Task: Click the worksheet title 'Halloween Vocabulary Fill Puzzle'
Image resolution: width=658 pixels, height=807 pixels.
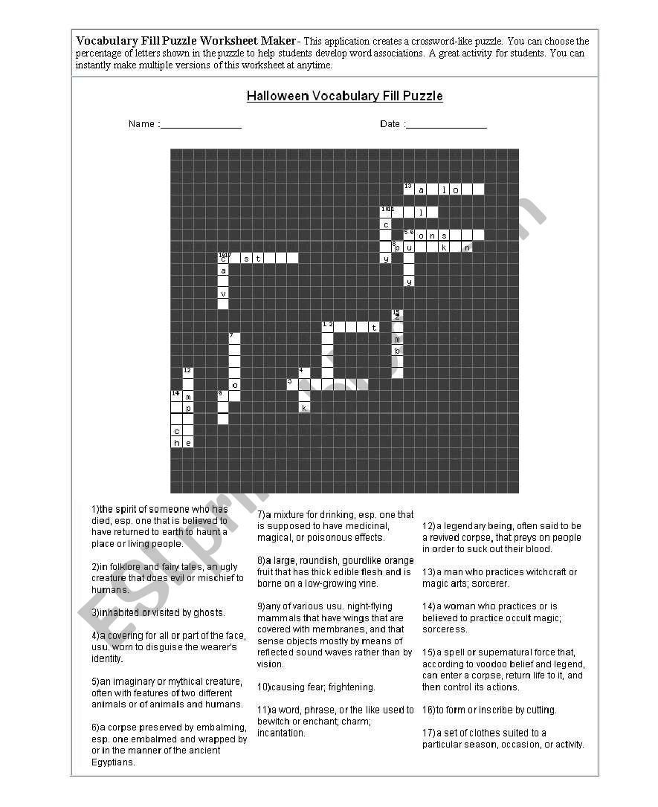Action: pos(344,97)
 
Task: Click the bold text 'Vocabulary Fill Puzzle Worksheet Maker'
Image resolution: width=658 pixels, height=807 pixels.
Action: pos(186,41)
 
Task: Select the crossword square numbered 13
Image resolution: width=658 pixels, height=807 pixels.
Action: pos(408,189)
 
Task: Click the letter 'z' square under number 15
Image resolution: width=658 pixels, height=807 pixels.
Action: pos(397,316)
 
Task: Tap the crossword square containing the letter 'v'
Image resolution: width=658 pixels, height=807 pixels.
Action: pos(223,293)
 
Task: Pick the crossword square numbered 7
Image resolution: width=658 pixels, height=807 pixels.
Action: pos(234,339)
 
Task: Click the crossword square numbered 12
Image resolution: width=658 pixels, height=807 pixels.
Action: pos(188,373)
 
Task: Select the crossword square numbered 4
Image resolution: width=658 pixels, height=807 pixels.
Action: pos(303,373)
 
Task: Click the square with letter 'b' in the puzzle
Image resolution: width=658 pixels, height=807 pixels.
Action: pos(397,351)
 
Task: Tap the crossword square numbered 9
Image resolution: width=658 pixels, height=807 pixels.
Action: pos(223,396)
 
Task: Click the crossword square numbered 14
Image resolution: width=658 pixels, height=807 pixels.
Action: pos(176,396)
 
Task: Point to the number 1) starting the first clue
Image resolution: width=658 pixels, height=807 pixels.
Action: pos(95,510)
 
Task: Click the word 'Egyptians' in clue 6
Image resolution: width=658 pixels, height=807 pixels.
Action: pos(114,762)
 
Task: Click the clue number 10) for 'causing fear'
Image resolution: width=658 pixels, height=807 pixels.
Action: pos(264,687)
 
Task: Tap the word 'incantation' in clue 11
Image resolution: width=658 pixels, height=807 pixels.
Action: pos(281,733)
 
